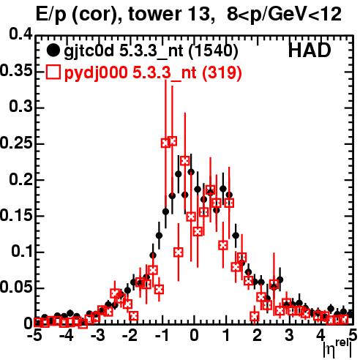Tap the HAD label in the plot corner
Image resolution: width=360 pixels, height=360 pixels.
[310, 50]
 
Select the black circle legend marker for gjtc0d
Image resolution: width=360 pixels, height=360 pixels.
[53, 50]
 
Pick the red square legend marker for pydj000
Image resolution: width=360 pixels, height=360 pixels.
[53, 72]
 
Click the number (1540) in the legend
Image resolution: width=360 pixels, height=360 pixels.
[214, 50]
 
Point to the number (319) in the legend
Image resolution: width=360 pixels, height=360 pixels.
[222, 72]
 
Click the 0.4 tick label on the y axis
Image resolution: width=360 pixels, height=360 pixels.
[21, 34]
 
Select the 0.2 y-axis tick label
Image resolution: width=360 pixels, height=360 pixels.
[21, 179]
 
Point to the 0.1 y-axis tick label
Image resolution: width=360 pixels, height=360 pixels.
[22, 251]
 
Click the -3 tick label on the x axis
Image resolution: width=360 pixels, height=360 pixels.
[98, 335]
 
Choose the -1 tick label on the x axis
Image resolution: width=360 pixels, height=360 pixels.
[161, 335]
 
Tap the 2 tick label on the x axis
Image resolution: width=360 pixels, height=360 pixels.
[258, 335]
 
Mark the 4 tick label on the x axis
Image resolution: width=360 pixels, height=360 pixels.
[321, 335]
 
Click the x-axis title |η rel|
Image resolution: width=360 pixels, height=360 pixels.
[338, 348]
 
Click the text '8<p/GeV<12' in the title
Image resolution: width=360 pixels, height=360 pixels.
[284, 15]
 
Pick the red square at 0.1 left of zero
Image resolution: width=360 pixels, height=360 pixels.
[179, 252]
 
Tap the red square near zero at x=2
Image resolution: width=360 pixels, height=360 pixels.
[255, 316]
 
